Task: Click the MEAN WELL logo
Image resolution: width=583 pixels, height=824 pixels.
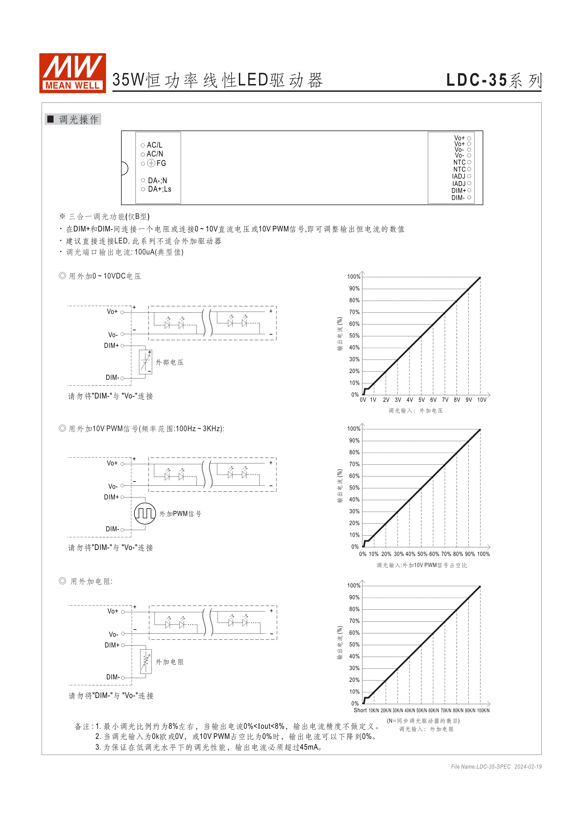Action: click(x=72, y=73)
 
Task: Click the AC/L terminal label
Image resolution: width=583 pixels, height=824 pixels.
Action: click(x=154, y=145)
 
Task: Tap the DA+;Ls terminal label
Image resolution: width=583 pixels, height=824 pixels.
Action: click(x=159, y=189)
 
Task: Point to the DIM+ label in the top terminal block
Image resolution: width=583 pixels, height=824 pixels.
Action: click(x=458, y=191)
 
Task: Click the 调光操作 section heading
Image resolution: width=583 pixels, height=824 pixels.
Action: click(x=78, y=120)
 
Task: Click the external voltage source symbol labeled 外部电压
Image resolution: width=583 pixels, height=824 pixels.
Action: click(x=145, y=362)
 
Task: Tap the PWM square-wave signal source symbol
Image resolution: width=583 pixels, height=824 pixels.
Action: click(x=145, y=514)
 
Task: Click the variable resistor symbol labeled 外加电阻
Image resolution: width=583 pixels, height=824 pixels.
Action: click(x=146, y=661)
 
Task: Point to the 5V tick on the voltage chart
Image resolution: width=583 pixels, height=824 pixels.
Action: click(x=421, y=400)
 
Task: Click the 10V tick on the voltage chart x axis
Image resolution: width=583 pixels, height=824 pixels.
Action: click(x=481, y=400)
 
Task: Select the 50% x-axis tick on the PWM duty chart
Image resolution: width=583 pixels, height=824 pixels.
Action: click(x=422, y=554)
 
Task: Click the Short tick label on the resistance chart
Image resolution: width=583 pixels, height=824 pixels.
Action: click(x=360, y=710)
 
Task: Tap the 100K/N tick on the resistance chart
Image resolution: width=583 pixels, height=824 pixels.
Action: click(x=483, y=711)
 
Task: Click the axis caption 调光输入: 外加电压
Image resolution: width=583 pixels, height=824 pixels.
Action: click(x=416, y=410)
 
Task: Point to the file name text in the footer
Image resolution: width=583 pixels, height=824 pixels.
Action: click(x=481, y=767)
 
